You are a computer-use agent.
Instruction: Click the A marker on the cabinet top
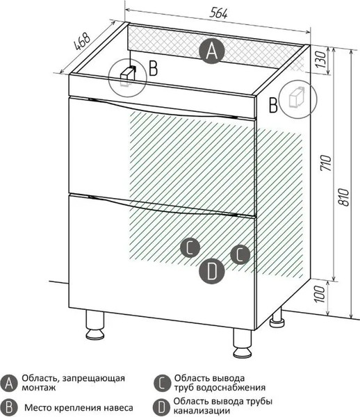(x=212, y=51)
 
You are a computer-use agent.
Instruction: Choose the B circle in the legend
(x=10, y=407)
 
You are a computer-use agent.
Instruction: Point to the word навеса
(x=113, y=407)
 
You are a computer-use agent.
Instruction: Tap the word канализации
(x=202, y=411)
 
